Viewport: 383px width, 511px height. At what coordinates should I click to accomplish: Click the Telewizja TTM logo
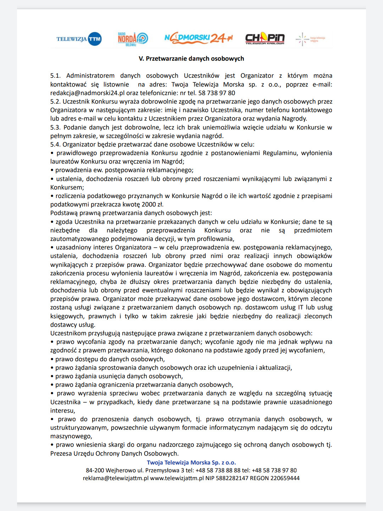coord(79,39)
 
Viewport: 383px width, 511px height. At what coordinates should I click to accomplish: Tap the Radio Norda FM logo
coord(133,39)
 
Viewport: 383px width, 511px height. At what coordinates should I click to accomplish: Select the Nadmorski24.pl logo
coord(199,38)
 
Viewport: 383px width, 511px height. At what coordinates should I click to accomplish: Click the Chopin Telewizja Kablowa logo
coord(265,38)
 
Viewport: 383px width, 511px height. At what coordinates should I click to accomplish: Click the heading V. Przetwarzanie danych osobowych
coord(191,59)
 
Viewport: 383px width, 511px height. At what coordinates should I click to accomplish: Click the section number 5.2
coord(55,101)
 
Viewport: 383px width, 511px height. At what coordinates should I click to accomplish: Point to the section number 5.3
coord(55,127)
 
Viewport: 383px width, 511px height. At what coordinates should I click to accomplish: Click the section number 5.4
coord(55,144)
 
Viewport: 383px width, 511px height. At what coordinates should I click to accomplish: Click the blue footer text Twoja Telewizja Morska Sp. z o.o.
coord(191,462)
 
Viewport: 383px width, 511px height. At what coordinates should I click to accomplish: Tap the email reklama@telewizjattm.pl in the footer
coord(116,478)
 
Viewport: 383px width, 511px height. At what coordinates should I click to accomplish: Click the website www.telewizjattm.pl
coord(177,478)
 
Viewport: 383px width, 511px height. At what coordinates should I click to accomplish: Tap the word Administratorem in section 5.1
coord(90,76)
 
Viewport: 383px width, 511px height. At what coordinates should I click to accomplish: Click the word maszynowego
coord(71,436)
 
